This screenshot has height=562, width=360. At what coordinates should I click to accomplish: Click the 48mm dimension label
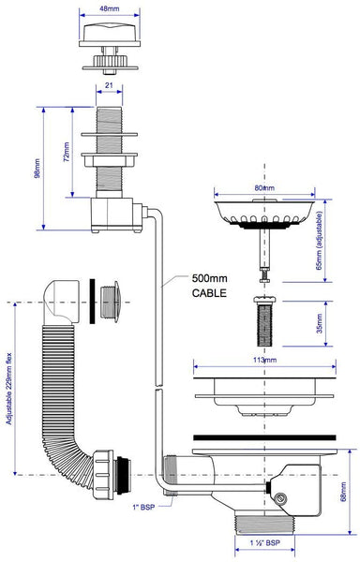(110, 8)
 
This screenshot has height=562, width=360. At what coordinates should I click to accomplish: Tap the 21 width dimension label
(109, 85)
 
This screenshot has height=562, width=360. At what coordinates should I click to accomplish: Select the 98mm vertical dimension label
(37, 168)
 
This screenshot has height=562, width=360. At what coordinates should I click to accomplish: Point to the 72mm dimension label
(67, 152)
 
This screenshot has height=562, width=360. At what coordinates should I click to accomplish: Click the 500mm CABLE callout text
(209, 286)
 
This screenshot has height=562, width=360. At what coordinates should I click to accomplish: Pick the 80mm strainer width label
(264, 188)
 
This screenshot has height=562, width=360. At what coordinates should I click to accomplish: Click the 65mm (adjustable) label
(320, 240)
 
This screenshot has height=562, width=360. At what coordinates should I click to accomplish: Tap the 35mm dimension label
(320, 323)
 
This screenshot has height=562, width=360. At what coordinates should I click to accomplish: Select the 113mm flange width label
(264, 360)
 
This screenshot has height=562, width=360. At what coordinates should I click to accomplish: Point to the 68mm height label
(343, 492)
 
